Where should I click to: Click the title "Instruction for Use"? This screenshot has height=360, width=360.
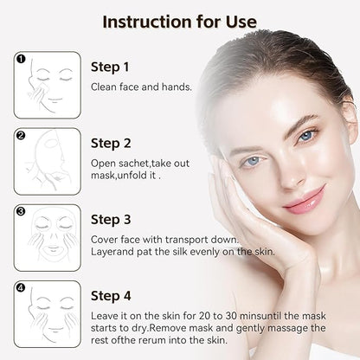pos(179,22)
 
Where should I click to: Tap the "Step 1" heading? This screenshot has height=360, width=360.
pos(110,67)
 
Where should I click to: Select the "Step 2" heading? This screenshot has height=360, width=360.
pos(111,144)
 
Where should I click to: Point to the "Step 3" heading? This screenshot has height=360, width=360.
pos(111,220)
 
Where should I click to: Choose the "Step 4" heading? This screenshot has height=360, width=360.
pos(111,296)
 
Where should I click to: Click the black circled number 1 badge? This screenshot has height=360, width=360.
pos(22,59)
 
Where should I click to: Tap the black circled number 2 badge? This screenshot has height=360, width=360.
pos(22,135)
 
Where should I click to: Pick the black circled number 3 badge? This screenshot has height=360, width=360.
pos(22,211)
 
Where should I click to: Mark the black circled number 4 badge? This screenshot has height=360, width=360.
pos(22,287)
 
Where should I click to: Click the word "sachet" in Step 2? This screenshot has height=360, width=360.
pos(134,164)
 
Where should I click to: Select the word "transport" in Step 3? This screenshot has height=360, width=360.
pos(187,240)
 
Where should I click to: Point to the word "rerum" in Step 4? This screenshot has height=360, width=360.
pos(152,340)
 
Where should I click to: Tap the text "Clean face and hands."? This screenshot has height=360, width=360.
pos(141,87)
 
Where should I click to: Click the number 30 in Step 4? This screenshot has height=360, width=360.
pos(231,316)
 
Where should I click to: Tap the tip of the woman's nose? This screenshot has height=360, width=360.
pos(289,181)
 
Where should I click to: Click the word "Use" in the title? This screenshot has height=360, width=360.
pos(241,22)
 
